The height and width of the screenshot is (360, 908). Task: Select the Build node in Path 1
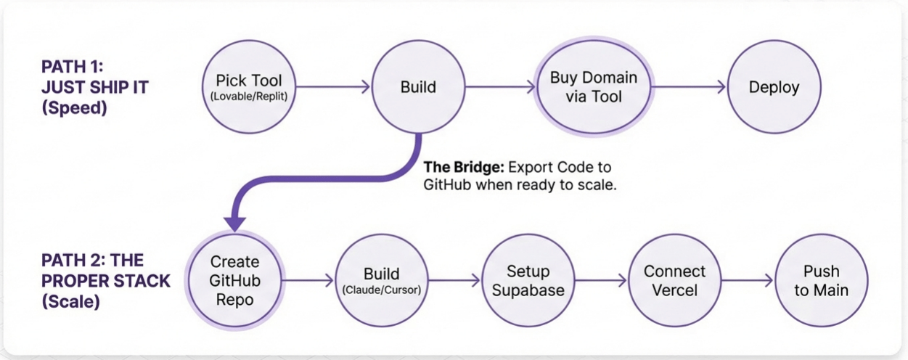(x=418, y=87)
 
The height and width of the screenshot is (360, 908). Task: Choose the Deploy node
(x=774, y=87)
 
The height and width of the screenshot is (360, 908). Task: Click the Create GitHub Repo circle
(x=235, y=280)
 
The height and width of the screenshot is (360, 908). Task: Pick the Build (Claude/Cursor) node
(x=382, y=280)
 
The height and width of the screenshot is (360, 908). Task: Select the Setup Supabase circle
(x=528, y=280)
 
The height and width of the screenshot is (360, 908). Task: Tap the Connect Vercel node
(x=674, y=280)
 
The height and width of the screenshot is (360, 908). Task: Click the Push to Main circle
(x=821, y=280)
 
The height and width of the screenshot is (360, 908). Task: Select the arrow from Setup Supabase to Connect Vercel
(x=600, y=280)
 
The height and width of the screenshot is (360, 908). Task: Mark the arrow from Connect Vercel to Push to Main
(x=748, y=280)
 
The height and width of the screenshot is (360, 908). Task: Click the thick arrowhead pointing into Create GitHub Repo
(x=234, y=221)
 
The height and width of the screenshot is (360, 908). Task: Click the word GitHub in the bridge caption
(x=447, y=184)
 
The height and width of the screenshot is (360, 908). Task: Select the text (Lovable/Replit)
(x=248, y=96)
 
